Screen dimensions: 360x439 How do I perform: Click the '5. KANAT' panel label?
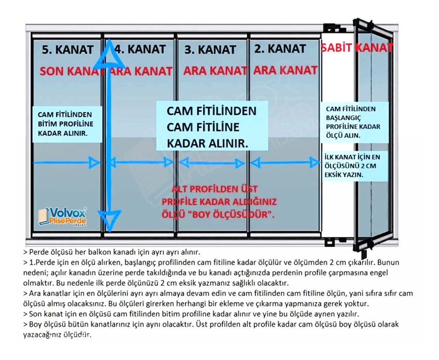(x=68, y=49)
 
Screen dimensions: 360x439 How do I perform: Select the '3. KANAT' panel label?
(x=210, y=50)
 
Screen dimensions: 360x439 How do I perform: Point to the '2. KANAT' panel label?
(x=280, y=48)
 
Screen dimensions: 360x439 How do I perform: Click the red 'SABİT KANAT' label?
(x=357, y=48)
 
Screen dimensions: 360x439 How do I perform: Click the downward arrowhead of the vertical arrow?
(x=110, y=219)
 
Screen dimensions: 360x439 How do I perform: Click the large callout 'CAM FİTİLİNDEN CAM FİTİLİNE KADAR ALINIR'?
(x=212, y=127)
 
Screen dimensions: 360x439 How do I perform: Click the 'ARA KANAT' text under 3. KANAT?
(x=215, y=71)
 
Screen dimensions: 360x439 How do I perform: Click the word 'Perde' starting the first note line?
(x=38, y=252)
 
